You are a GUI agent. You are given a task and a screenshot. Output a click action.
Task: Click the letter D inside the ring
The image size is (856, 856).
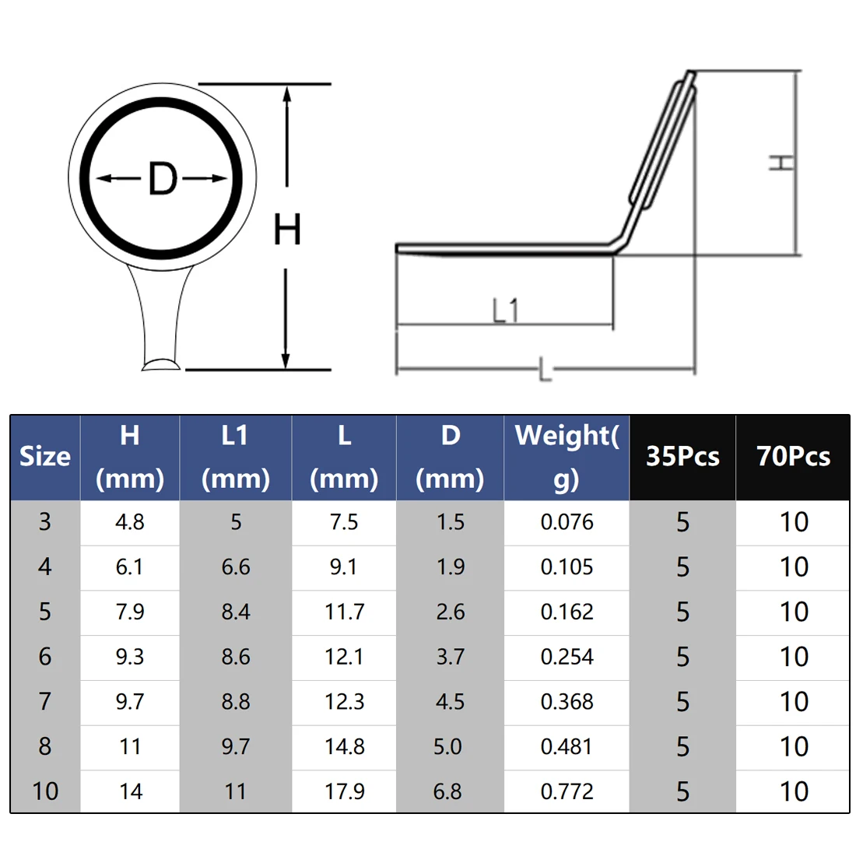163,178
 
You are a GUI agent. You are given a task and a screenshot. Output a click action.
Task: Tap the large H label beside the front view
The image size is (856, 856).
287,230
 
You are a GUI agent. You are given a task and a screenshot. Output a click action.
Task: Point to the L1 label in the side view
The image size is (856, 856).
505,310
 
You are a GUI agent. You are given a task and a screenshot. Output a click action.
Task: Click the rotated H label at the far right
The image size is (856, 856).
782,162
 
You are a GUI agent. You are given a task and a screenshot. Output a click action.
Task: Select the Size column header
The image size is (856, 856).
45,456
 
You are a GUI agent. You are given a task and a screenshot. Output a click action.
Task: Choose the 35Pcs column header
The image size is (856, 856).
682,456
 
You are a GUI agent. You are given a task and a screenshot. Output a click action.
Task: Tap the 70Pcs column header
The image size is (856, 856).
793,456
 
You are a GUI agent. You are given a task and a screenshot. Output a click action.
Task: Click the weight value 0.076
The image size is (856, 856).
567,522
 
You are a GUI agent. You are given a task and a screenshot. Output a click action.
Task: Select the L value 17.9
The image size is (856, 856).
345,791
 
